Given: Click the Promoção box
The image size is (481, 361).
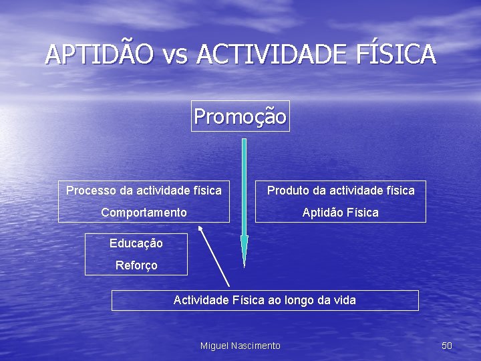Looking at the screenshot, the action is pyautogui.click(x=240, y=117).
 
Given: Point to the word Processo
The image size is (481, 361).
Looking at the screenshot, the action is pyautogui.click(x=91, y=191).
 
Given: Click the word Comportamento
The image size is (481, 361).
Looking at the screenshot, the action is pyautogui.click(x=144, y=213).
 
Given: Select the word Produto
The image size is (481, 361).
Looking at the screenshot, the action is pyautogui.click(x=288, y=191).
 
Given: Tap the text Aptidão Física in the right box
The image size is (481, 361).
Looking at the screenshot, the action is pyautogui.click(x=340, y=213).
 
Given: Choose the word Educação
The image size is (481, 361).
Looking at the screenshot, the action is pyautogui.click(x=136, y=243).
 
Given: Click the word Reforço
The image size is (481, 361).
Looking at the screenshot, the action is pyautogui.click(x=136, y=265).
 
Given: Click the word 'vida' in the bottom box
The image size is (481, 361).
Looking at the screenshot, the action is pyautogui.click(x=344, y=300).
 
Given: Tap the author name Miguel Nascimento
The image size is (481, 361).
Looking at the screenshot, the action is pyautogui.click(x=240, y=346).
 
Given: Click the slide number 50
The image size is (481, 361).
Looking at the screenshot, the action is pyautogui.click(x=447, y=346).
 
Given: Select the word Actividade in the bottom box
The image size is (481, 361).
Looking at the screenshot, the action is pyautogui.click(x=201, y=300).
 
